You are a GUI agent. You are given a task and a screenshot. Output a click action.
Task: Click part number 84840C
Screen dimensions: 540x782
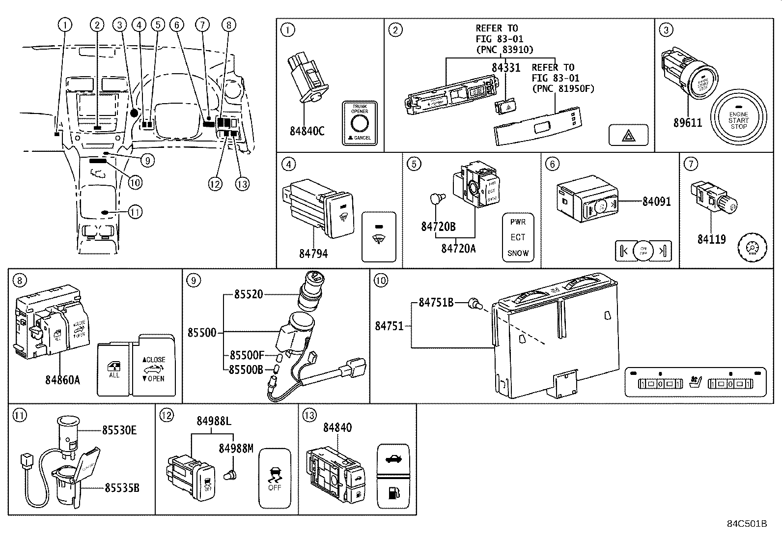click(x=307, y=131)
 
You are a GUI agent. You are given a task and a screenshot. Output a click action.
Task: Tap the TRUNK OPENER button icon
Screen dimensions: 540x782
click(x=360, y=123)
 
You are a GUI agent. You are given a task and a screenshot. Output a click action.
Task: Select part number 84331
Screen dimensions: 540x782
click(x=506, y=67)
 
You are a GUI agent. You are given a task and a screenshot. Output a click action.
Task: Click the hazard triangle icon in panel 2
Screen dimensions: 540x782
click(x=628, y=135)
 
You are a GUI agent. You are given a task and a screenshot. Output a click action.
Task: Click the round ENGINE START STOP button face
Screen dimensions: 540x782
click(x=738, y=119)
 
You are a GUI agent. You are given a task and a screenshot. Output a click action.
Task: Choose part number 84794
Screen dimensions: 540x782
click(x=313, y=254)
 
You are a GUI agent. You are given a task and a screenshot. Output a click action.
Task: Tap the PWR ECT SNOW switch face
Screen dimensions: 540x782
click(x=518, y=237)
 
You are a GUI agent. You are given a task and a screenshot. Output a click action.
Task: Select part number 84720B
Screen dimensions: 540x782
click(x=438, y=227)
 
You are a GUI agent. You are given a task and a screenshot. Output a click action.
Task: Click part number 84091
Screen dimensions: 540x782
click(x=656, y=201)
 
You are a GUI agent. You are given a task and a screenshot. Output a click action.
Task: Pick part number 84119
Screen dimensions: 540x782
click(x=711, y=239)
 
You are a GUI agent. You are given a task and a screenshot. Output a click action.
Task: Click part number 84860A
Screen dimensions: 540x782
click(x=62, y=380)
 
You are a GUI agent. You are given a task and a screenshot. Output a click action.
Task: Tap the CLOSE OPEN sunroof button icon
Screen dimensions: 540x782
click(x=154, y=369)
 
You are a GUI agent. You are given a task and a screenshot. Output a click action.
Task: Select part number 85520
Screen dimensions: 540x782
click(x=249, y=294)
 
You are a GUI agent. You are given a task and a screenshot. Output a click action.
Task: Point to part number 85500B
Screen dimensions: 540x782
click(x=246, y=369)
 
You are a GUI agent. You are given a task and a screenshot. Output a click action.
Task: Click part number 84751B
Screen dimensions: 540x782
click(x=436, y=303)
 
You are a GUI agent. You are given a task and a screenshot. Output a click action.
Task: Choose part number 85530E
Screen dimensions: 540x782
click(x=119, y=430)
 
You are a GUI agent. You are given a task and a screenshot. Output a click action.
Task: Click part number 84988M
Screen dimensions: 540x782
click(x=236, y=448)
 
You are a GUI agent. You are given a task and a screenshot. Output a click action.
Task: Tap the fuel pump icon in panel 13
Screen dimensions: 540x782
click(x=393, y=493)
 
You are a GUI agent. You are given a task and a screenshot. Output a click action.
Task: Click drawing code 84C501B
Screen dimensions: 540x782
click(x=747, y=523)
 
